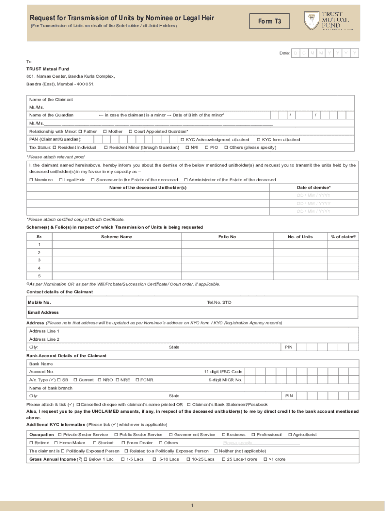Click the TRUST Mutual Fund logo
point(327,21)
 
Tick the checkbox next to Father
point(80,131)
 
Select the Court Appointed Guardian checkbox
point(130,131)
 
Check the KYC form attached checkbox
point(258,140)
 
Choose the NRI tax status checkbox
point(187,148)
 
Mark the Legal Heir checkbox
point(61,180)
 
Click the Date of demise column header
point(314,187)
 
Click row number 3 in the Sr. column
point(39,260)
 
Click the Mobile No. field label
point(40,302)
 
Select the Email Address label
point(44,313)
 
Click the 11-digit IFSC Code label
point(223,372)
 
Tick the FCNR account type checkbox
point(137,380)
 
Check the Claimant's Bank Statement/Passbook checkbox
point(189,404)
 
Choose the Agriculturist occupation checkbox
point(290,435)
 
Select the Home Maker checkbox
point(56,443)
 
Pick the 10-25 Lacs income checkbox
point(188,459)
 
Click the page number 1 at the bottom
point(192,505)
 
